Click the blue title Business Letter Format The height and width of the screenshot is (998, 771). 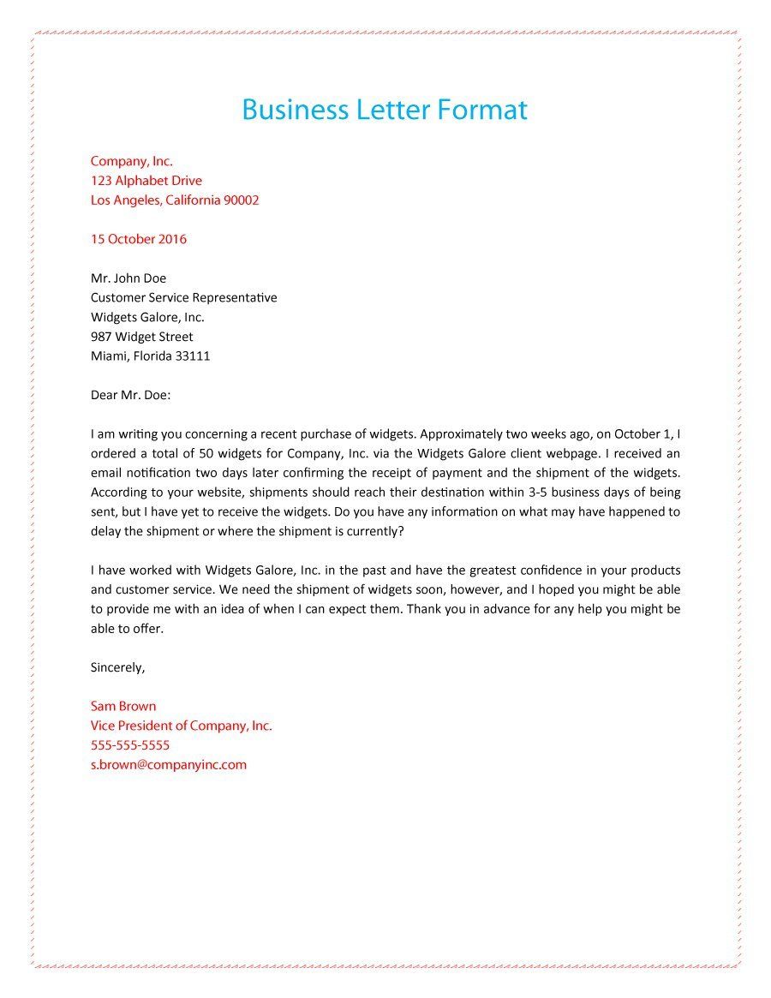(385, 110)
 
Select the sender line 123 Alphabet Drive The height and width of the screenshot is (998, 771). (146, 181)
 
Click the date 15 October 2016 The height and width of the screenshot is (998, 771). (139, 239)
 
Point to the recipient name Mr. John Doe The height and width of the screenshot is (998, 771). (128, 278)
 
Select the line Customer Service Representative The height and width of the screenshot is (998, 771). (184, 298)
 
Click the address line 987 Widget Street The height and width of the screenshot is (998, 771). (142, 337)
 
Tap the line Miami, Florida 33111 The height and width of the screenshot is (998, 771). (151, 356)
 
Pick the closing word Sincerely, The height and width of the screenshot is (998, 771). (118, 667)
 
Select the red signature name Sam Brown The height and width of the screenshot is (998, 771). (123, 707)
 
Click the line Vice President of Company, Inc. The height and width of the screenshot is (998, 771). (182, 726)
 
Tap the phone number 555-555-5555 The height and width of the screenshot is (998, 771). (130, 745)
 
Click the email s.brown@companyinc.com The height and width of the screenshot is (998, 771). (169, 765)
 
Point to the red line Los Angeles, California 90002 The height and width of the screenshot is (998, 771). (175, 200)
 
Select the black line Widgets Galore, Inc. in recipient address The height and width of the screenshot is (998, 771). (147, 317)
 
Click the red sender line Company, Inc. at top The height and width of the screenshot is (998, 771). (132, 161)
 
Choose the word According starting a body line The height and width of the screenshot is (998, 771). (118, 493)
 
